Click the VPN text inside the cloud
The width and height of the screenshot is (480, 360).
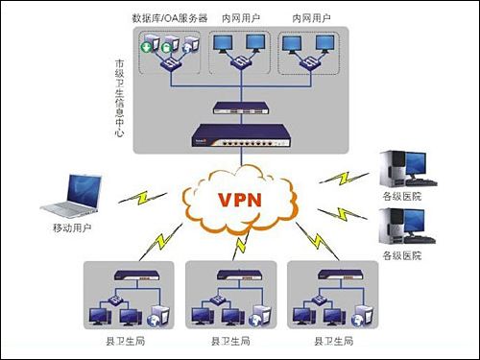[240, 202]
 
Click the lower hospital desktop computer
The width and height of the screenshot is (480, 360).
[403, 225]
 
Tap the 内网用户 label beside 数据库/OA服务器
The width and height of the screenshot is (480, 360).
[239, 18]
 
